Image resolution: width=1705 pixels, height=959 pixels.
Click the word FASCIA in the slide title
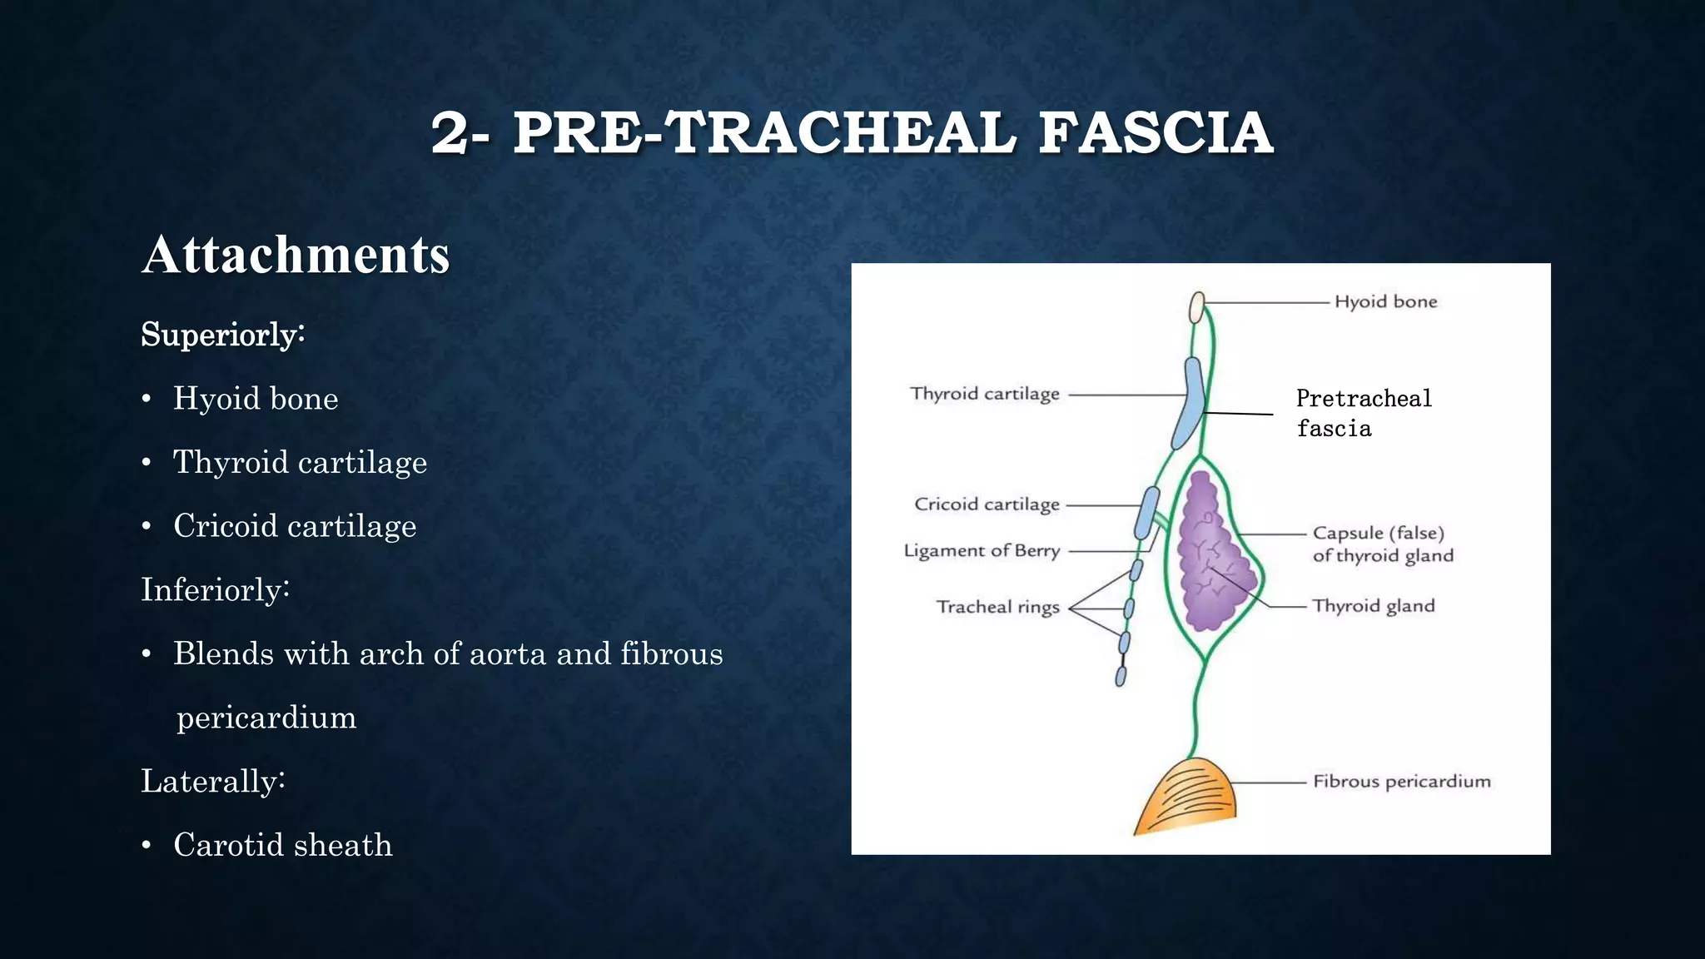1156,133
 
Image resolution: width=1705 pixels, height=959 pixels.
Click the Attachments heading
296,255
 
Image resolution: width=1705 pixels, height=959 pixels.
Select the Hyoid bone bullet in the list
255,399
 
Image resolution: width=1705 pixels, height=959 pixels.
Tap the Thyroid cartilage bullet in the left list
300,463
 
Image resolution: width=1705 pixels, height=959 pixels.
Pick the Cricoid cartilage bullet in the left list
294,526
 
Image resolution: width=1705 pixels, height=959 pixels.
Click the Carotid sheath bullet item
282,845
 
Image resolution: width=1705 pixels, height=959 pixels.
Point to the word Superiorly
222,335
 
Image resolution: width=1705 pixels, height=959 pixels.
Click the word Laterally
212,782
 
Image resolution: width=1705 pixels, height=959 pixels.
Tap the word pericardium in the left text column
266,718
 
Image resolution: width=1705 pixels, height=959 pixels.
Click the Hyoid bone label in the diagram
1385,302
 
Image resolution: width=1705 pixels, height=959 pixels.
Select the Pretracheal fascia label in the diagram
1363,413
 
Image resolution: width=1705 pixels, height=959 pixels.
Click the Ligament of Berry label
982,551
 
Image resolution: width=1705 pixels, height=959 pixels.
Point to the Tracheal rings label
997,607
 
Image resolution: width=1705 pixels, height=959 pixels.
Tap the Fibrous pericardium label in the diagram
1401,782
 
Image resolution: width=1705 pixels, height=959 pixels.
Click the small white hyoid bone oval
1197,307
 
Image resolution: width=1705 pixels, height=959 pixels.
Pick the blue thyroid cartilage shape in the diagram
1190,403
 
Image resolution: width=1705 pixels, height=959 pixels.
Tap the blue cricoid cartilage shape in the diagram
1147,512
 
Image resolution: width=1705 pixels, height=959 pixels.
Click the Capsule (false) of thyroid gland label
1382,544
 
